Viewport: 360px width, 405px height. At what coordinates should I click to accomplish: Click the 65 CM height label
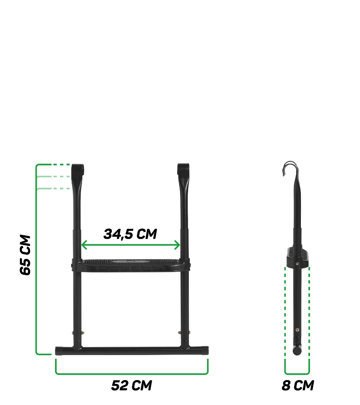(x=26, y=255)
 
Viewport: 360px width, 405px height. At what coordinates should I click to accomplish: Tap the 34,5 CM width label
(x=130, y=234)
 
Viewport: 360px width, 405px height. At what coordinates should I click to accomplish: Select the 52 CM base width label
(x=131, y=385)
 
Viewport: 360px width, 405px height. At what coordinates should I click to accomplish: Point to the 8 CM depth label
(x=298, y=385)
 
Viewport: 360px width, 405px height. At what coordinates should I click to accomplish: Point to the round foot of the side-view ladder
(x=297, y=351)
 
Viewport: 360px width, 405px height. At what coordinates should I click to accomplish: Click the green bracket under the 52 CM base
(x=132, y=373)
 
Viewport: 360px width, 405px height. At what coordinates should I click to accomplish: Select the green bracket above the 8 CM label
(x=297, y=373)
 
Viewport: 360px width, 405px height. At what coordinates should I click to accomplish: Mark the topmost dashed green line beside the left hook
(x=61, y=165)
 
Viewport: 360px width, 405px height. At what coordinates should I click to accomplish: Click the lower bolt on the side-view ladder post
(x=297, y=330)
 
